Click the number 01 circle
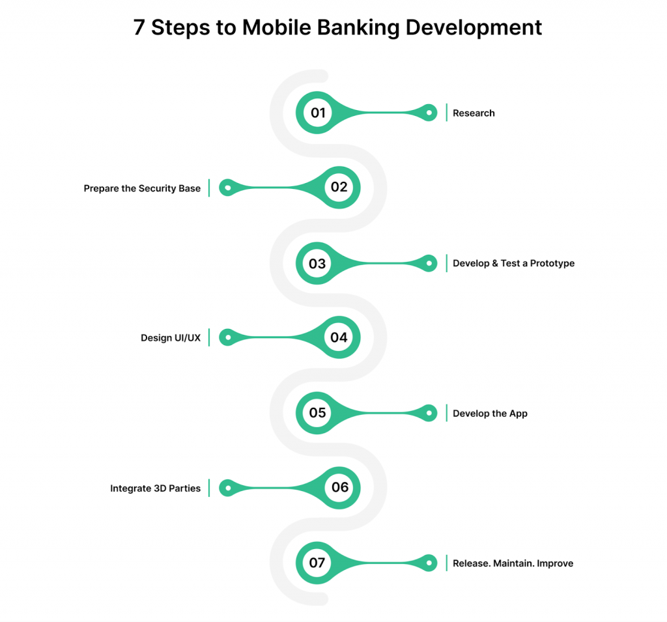[317, 113]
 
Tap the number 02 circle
[339, 187]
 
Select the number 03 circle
[317, 263]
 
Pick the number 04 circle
[339, 337]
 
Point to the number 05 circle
[317, 413]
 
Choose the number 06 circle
[339, 488]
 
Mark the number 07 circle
[317, 563]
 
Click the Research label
[474, 113]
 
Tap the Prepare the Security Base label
[142, 188]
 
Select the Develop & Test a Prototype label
[513, 263]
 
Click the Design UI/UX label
[171, 338]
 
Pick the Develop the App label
[490, 414]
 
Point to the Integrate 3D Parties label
[155, 488]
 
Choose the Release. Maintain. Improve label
[513, 563]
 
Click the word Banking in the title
[358, 28]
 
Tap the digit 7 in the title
[139, 27]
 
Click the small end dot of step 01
[429, 113]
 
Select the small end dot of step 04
[228, 337]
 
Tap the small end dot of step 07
[429, 563]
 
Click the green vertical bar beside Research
[446, 112]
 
